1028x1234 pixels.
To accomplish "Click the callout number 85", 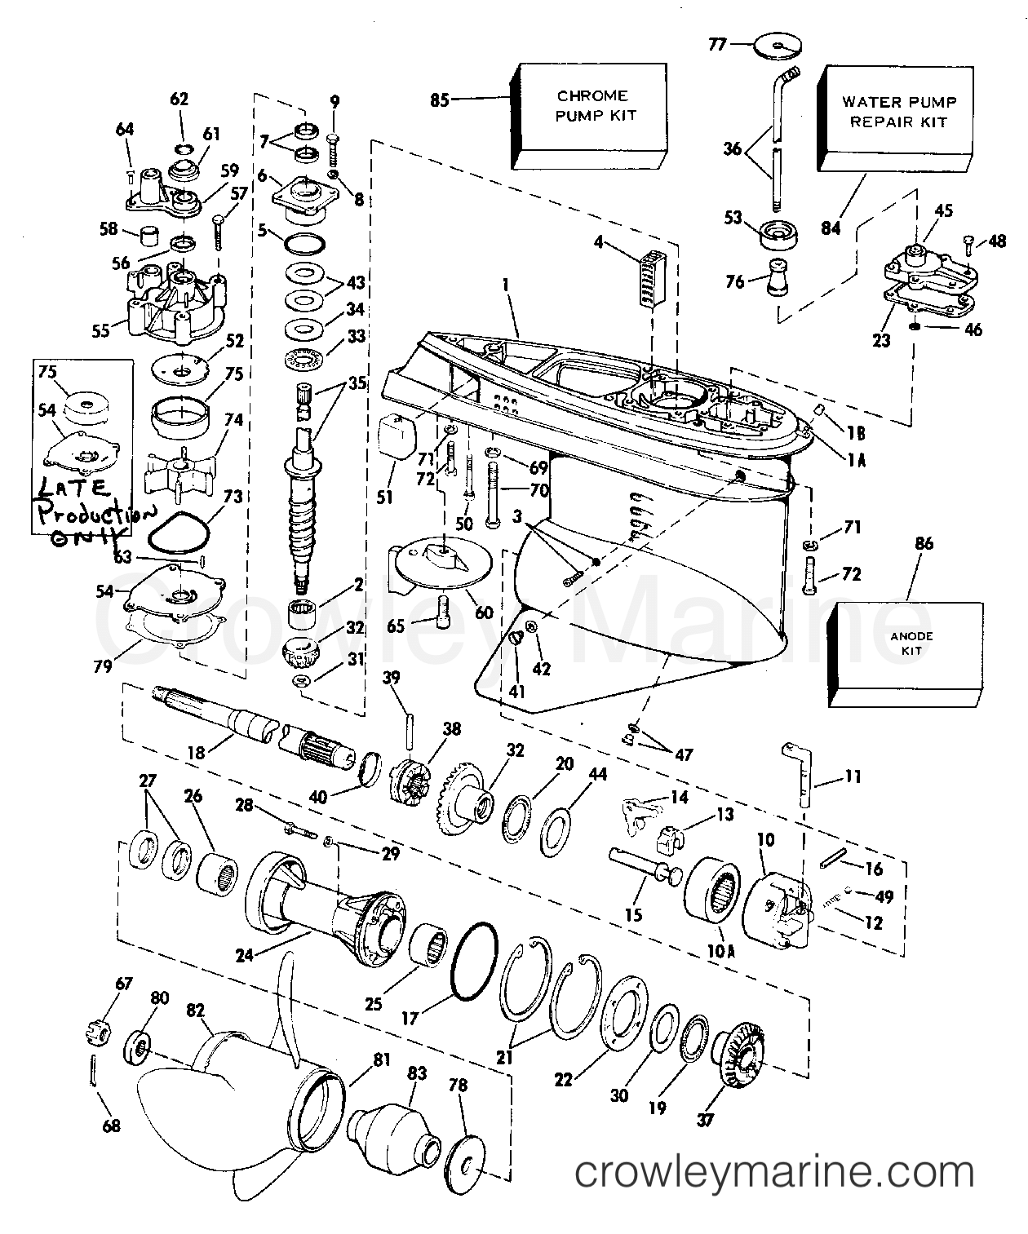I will pos(441,102).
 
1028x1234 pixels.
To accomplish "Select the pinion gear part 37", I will pos(739,1057).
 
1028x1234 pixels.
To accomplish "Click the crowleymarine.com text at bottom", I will pos(774,1174).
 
